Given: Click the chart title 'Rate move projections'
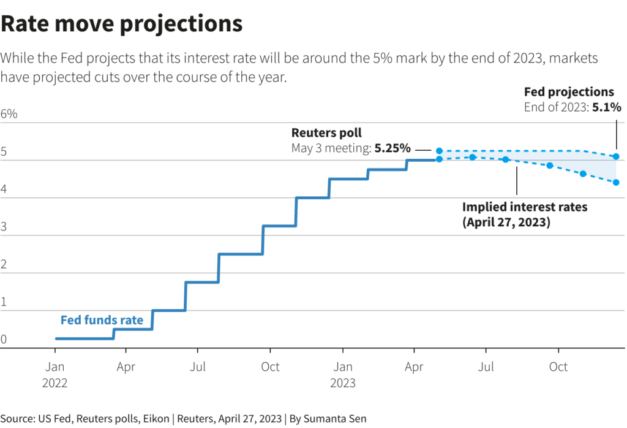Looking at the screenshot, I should pyautogui.click(x=122, y=24).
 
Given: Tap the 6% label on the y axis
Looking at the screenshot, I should pyautogui.click(x=9, y=114).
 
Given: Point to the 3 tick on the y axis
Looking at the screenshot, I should pyautogui.click(x=5, y=227).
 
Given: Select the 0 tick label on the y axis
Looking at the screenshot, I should pyautogui.click(x=4, y=340).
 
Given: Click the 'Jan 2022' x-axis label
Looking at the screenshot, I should pyautogui.click(x=55, y=375).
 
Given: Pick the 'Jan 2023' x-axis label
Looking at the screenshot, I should pyautogui.click(x=342, y=375).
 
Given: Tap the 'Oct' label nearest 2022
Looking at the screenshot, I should pyautogui.click(x=270, y=367).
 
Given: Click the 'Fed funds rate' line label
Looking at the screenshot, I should pyautogui.click(x=102, y=320).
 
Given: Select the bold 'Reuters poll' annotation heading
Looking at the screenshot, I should pyautogui.click(x=326, y=132).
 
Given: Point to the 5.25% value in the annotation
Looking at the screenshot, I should pyautogui.click(x=392, y=148).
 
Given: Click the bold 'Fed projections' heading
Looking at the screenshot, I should pyautogui.click(x=569, y=92).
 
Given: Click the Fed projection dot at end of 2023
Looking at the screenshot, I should pyautogui.click(x=616, y=156).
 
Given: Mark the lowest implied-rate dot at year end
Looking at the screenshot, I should pyautogui.click(x=616, y=182).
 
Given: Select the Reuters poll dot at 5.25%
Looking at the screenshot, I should pyautogui.click(x=440, y=150).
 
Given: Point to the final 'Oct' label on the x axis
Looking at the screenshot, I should pyautogui.click(x=558, y=367).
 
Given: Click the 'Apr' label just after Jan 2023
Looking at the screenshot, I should pyautogui.click(x=415, y=367).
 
